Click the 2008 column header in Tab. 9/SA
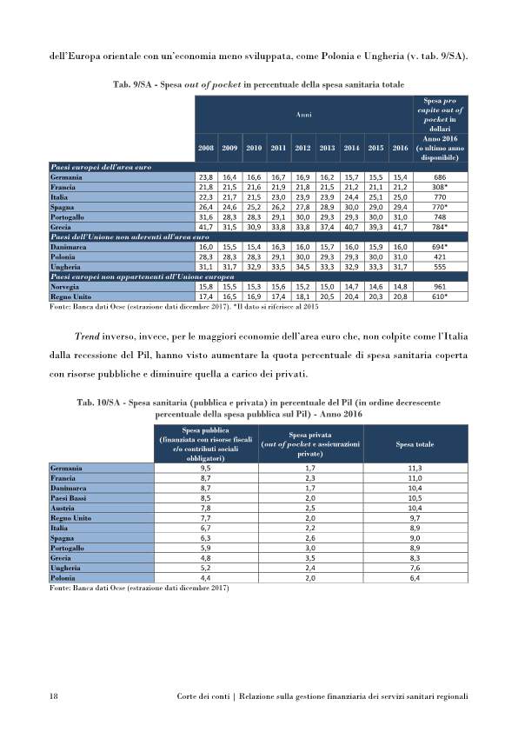tap(206, 148)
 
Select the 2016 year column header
tap(400, 148)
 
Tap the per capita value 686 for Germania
tap(443, 176)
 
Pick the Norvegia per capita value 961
tap(443, 286)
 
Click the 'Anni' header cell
tap(302, 113)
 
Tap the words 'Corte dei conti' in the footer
tap(203, 696)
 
